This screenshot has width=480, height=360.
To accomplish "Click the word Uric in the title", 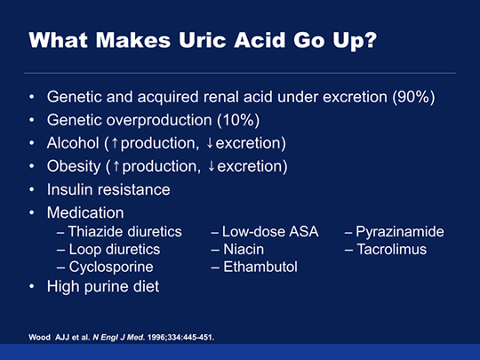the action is click(203, 40).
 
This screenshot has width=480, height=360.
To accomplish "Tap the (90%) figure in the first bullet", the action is click(413, 97).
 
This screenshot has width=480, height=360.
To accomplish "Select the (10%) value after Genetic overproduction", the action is click(238, 120).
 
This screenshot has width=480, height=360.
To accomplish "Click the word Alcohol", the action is click(73, 143).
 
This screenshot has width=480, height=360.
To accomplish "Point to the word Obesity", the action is click(74, 166).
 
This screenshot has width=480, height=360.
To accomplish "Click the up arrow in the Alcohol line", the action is click(115, 143).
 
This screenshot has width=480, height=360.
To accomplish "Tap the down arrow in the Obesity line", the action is click(211, 166).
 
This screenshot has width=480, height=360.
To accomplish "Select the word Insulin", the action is click(64, 189).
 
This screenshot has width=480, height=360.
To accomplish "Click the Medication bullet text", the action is click(85, 212).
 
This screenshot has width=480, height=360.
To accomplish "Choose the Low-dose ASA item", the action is click(270, 231).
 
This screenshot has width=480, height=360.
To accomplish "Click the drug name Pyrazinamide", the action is click(400, 232).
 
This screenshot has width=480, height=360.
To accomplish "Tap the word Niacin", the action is click(244, 249).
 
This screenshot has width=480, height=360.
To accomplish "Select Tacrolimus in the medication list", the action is click(392, 249).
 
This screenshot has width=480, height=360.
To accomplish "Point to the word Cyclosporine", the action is click(111, 268).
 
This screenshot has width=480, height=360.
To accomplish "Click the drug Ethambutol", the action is click(260, 267).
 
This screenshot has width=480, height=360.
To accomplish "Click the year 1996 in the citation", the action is click(154, 338).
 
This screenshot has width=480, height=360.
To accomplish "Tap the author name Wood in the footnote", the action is click(39, 338).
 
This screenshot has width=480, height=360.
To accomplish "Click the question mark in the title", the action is click(371, 39).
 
